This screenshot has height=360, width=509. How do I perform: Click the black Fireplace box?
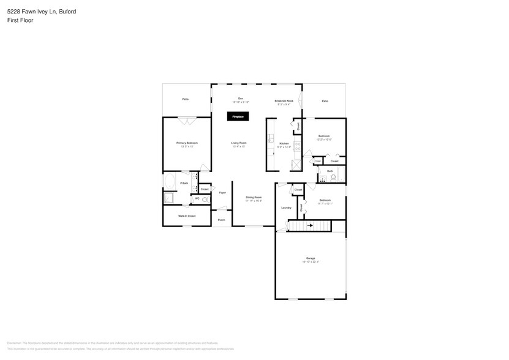238,116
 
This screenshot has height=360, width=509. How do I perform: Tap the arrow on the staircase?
310,226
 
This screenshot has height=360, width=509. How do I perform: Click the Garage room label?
311,258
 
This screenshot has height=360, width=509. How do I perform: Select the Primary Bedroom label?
187,143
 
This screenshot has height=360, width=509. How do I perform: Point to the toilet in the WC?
205,199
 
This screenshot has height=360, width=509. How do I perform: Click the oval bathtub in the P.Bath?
169,182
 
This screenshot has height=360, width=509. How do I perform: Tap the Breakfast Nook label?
284,100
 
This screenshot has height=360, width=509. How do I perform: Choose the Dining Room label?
254,197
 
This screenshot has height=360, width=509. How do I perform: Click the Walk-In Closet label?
187,216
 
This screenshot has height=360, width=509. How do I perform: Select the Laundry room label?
285,208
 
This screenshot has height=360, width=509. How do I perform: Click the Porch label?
221,220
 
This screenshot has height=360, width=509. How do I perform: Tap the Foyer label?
222,192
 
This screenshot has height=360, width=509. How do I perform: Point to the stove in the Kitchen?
297,146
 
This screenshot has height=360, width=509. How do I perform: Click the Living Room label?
238,143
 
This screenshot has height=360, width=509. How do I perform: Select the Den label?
241,99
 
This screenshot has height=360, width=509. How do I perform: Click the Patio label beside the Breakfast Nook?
325,101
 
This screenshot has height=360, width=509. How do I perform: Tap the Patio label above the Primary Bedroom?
185,99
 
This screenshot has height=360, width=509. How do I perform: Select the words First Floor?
20,20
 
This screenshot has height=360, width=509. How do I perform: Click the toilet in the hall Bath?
334,178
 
